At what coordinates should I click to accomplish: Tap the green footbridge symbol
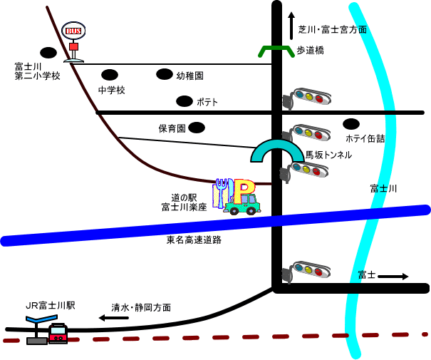pyautogui.click(x=276, y=51)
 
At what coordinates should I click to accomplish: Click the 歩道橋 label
pyautogui.click(x=311, y=50)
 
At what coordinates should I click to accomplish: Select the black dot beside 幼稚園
pyautogui.click(x=165, y=74)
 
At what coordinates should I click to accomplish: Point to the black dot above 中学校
pyautogui.click(x=110, y=75)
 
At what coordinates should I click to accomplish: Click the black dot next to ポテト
pyautogui.click(x=185, y=101)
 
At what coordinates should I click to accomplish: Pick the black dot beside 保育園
pyautogui.click(x=197, y=128)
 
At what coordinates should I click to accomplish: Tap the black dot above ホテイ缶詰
pyautogui.click(x=351, y=124)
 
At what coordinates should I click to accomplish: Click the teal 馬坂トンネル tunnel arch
pyautogui.click(x=276, y=150)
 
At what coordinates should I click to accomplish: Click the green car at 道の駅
pyautogui.click(x=242, y=205)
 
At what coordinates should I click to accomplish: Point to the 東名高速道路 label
pyautogui.click(x=194, y=240)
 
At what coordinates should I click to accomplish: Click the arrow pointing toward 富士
pyautogui.click(x=393, y=276)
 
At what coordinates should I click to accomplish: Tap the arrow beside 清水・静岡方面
pyautogui.click(x=113, y=318)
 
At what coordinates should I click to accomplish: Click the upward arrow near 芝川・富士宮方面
pyautogui.click(x=291, y=26)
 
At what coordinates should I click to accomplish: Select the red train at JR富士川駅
pyautogui.click(x=58, y=334)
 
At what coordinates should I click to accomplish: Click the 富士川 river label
pyautogui.click(x=383, y=188)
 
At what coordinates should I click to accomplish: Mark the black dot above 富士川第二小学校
pyautogui.click(x=48, y=52)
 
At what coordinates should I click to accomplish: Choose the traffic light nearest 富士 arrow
pyautogui.click(x=311, y=271)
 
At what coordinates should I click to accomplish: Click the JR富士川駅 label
pyautogui.click(x=50, y=305)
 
